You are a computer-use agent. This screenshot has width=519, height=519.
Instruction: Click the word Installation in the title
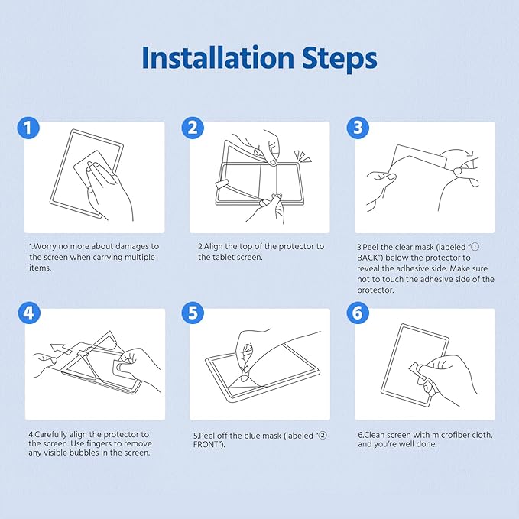click(x=218, y=58)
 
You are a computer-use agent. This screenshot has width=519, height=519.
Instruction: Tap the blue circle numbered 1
click(x=28, y=128)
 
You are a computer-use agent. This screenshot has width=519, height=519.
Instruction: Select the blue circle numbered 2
click(x=193, y=128)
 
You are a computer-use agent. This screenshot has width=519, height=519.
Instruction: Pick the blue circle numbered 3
click(x=358, y=128)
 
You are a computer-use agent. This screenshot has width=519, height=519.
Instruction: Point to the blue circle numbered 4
click(x=29, y=313)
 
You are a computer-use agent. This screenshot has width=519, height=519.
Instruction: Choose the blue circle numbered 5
click(x=193, y=313)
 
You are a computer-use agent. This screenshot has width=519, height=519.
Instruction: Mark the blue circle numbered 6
click(x=358, y=313)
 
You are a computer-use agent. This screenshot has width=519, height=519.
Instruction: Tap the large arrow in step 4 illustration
click(x=60, y=350)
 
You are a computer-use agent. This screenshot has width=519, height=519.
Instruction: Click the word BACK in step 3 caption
click(x=368, y=258)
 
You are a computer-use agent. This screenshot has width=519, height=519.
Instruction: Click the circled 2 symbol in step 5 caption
click(x=322, y=435)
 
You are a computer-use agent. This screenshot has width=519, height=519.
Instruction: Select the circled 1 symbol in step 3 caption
click(x=475, y=247)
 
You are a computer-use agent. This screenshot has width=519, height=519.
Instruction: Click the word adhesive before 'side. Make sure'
click(x=413, y=268)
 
